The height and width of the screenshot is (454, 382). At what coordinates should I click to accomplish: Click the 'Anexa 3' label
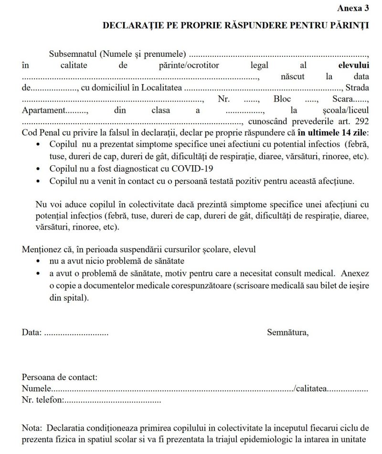click(353, 8)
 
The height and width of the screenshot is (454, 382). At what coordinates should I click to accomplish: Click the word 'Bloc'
click(282, 100)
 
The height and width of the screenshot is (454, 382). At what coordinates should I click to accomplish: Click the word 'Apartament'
click(42, 111)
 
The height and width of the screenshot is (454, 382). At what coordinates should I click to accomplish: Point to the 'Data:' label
click(32, 332)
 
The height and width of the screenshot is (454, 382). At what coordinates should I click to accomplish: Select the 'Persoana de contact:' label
click(60, 378)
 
